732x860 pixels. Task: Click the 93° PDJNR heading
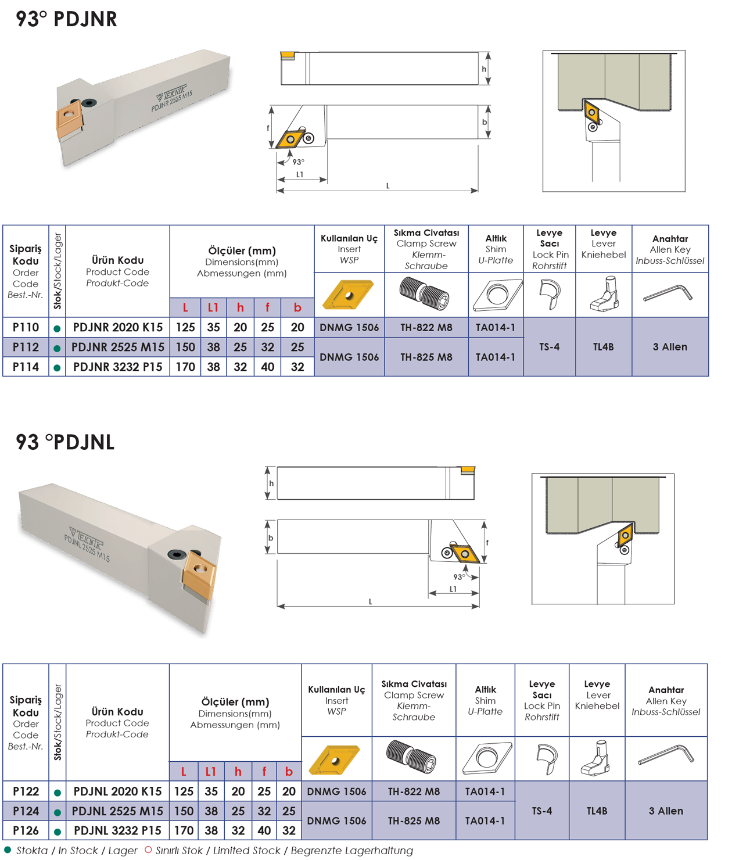tap(66, 19)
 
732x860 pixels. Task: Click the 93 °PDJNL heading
tap(65, 442)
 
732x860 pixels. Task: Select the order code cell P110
tap(26, 328)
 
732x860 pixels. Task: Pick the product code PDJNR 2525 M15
tap(117, 347)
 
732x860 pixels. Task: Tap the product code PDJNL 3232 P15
tap(117, 830)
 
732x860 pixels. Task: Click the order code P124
tap(26, 811)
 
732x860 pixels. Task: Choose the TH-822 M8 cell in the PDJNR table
tap(426, 328)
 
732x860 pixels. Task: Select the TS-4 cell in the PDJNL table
tap(541, 811)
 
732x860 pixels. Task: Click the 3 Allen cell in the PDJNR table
tap(669, 347)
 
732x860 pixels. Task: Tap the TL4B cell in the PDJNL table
tap(597, 811)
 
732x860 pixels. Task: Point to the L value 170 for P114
tap(185, 367)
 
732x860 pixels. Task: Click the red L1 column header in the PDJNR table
tap(213, 308)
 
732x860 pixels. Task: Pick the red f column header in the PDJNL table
tap(264, 772)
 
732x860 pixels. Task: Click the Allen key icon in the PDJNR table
tap(668, 293)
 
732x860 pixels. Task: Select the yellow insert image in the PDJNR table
tap(348, 294)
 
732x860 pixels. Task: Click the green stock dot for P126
tap(57, 832)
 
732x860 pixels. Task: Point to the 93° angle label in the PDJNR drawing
tap(298, 162)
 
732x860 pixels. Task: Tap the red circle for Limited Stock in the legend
tap(148, 850)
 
